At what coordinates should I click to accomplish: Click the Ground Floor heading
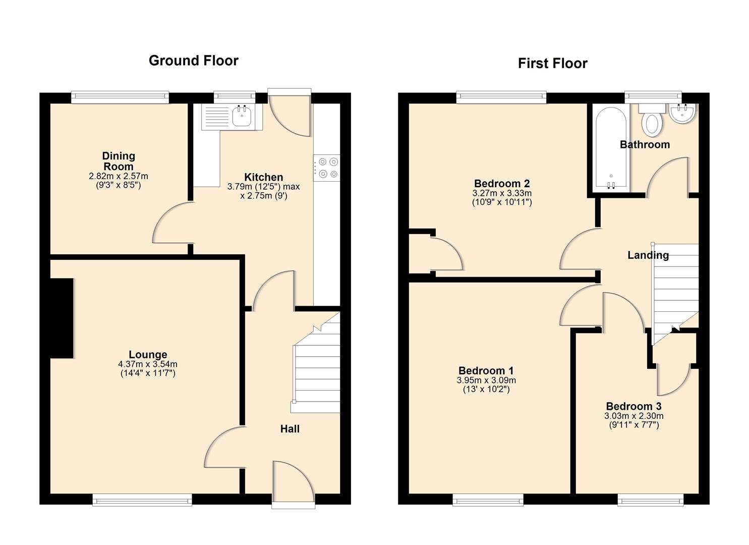point(193,61)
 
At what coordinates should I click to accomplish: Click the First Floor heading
point(552,64)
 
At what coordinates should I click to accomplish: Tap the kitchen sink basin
point(242,117)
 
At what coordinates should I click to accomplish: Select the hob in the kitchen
point(327,168)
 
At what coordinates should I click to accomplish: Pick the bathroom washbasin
point(683,113)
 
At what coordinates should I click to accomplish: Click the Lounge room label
point(148,355)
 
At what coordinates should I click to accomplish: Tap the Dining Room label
point(119,161)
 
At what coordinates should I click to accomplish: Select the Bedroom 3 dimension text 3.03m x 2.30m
point(633,416)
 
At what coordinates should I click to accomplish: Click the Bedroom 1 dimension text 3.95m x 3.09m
point(486,380)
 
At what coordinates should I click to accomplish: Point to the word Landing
point(648,255)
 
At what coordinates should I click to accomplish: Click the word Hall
point(290,429)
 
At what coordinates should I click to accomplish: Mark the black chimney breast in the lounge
point(62,318)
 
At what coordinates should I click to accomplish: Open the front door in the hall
point(293,482)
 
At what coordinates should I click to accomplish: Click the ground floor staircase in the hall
point(317,371)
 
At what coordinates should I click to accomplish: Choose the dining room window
point(120,97)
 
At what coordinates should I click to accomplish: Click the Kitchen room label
point(263,177)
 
